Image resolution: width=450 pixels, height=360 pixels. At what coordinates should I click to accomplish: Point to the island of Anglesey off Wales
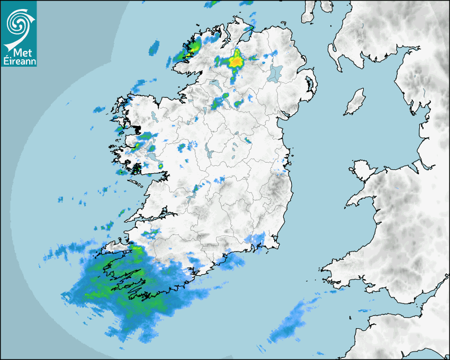pyautogui.click(x=362, y=170)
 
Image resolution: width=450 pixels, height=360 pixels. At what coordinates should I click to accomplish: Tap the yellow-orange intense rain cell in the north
pyautogui.click(x=236, y=61)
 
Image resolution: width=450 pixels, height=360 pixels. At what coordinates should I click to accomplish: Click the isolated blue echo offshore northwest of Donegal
pyautogui.click(x=155, y=48)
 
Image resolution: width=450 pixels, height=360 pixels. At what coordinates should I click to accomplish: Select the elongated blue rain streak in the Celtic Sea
pyautogui.click(x=289, y=323)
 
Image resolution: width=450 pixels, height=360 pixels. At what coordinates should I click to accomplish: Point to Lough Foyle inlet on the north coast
pyautogui.click(x=245, y=35)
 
